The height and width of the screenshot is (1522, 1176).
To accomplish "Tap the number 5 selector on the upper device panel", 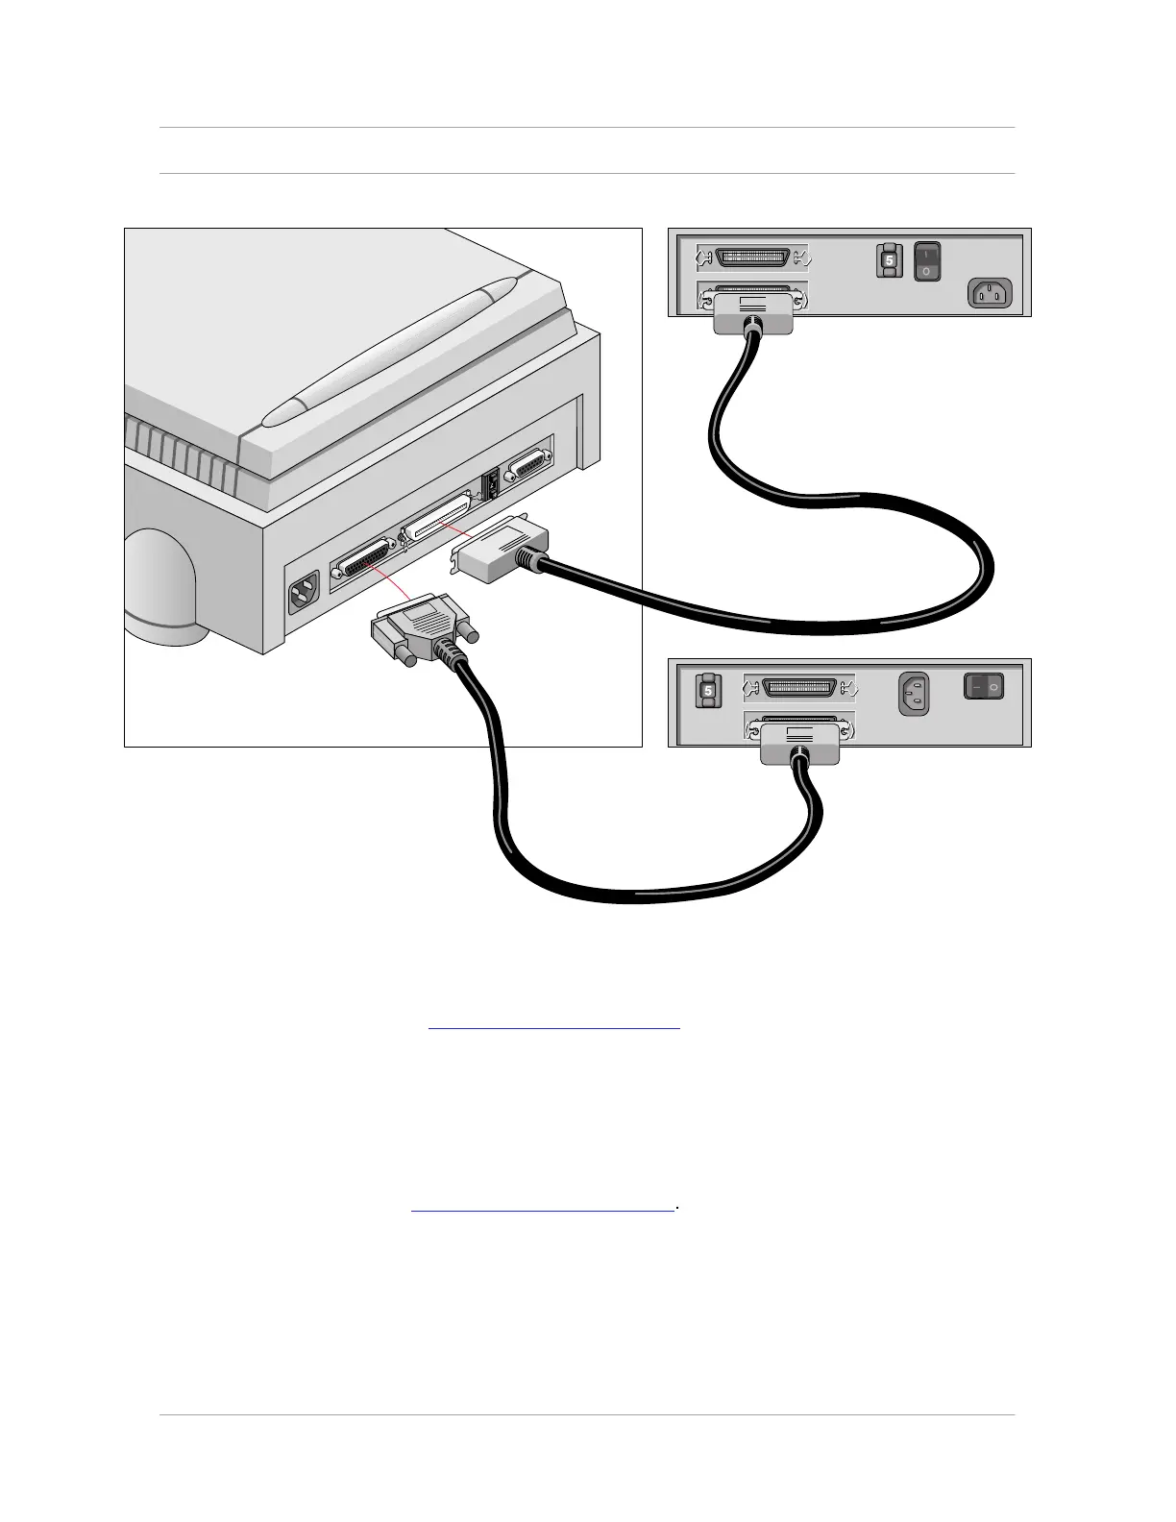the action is (889, 260).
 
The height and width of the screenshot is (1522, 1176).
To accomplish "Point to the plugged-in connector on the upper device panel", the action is (753, 315).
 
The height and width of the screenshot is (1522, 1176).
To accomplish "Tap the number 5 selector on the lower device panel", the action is (706, 691).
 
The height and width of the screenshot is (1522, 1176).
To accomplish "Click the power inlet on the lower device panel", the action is (915, 694).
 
